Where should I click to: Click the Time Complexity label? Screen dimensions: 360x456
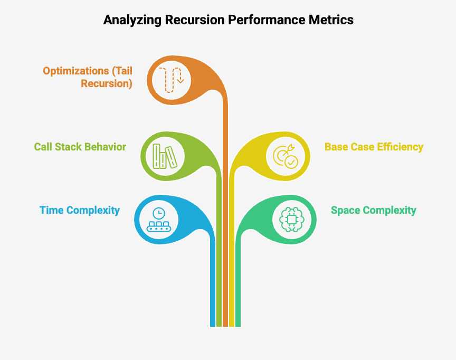pos(80,210)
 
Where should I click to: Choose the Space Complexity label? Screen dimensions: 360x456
pos(373,210)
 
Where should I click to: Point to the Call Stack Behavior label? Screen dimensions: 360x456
pos(80,147)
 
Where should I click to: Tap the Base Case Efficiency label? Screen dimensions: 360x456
pos(374,147)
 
